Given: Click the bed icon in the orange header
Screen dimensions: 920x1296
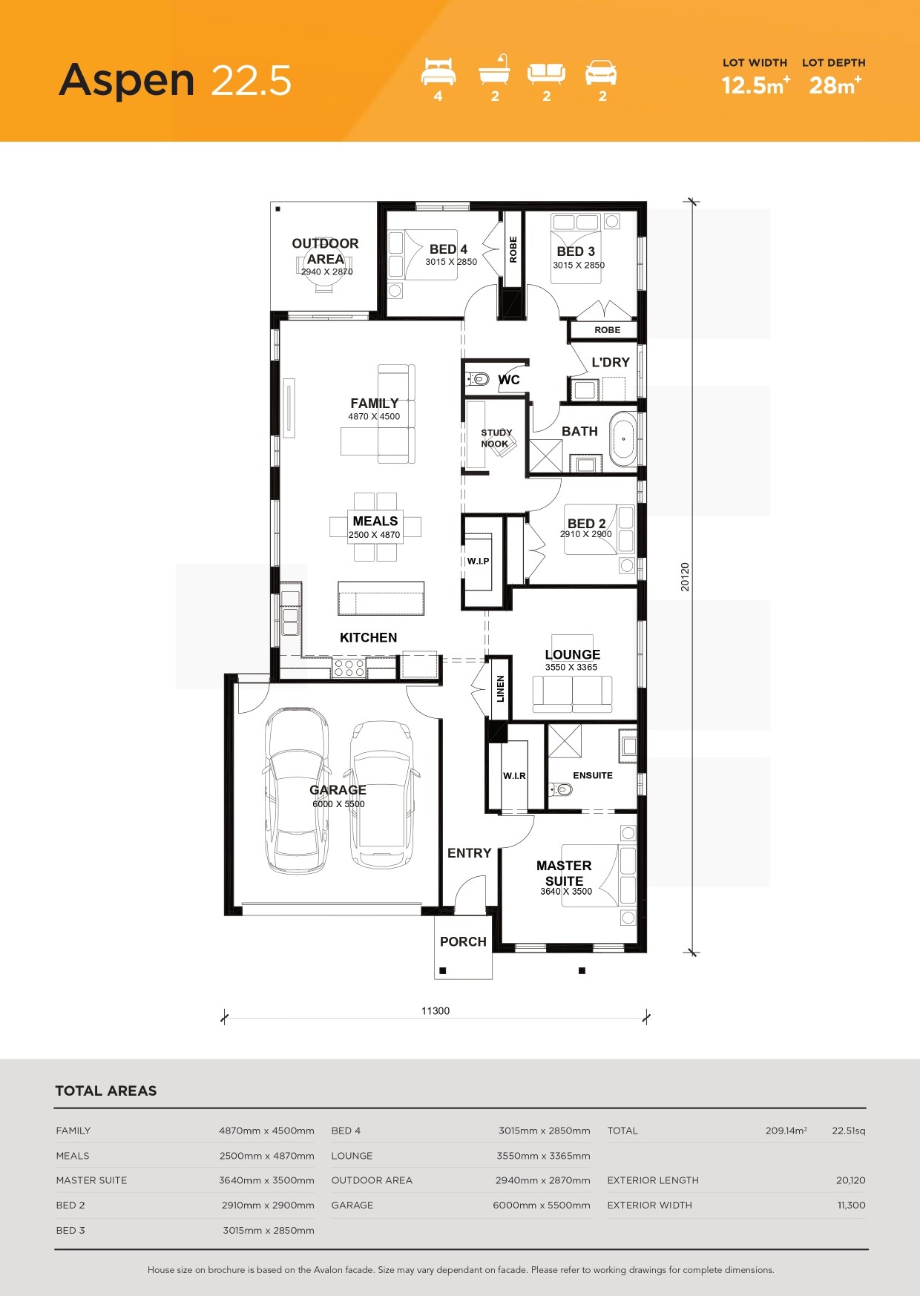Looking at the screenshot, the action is point(438,72).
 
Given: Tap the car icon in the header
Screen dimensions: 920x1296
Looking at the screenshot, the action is point(601,73).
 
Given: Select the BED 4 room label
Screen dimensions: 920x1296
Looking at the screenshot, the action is point(448,249).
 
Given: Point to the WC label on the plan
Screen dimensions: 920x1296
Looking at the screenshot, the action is point(509,380).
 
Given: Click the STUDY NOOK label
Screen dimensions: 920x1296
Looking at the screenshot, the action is point(496,438).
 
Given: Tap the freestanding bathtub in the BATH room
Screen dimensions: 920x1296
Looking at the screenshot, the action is point(623,439).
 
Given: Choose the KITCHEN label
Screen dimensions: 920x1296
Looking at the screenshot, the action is point(368,637).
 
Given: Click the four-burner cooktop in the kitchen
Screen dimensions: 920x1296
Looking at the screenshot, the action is point(349,668).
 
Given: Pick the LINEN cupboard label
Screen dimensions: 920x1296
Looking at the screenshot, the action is point(501,688).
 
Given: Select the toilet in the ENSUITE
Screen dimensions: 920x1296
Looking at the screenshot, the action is point(559,789).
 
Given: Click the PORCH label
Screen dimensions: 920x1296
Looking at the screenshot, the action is point(463,941).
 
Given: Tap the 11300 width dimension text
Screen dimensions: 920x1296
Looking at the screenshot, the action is point(436,1010).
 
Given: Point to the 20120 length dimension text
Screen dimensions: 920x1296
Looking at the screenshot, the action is point(685,576).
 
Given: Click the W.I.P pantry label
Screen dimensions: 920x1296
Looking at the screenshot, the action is point(478,561).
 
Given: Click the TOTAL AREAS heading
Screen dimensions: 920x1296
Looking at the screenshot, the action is point(106,1091).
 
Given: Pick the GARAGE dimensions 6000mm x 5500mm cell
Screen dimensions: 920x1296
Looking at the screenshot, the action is point(542,1205).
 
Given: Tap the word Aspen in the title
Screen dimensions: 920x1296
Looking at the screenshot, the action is point(127,81).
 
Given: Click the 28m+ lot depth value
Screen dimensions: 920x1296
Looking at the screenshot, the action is point(835,85).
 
